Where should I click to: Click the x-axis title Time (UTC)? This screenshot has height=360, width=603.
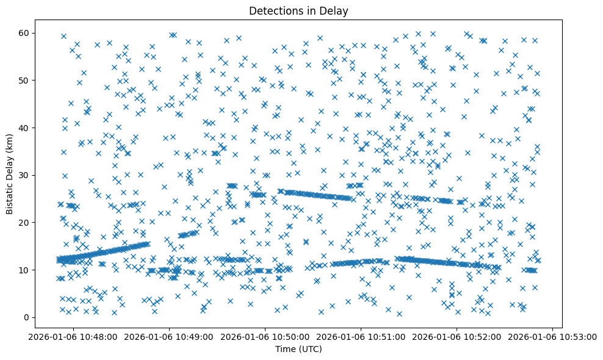(299, 350)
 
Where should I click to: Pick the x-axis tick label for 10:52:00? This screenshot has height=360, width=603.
(457, 336)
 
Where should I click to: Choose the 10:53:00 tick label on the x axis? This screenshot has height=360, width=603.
(553, 336)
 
